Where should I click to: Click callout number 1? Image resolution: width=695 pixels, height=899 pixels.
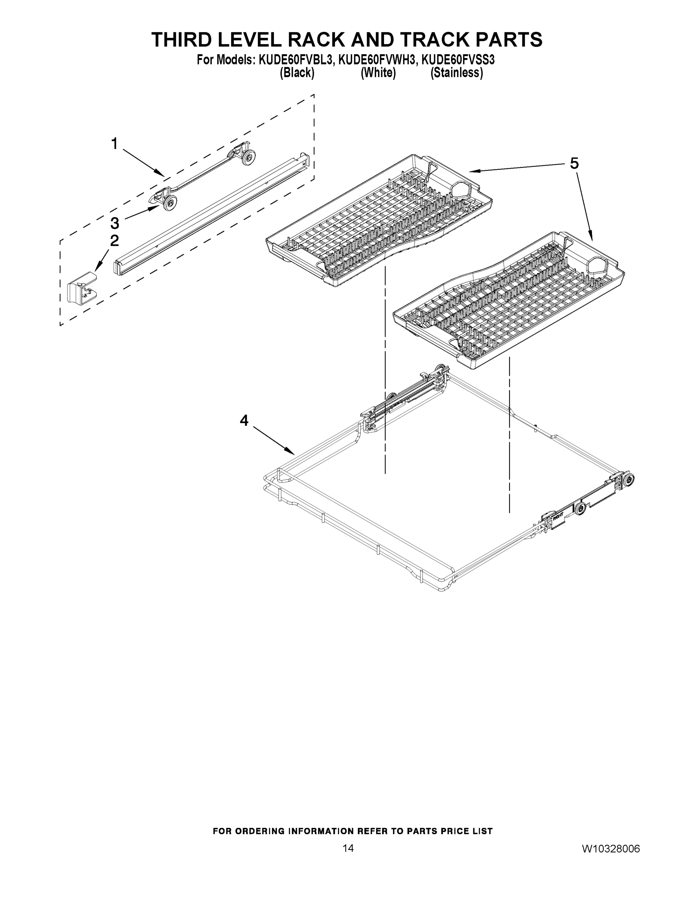coord(115,144)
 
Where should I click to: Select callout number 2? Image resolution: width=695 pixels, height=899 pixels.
coord(115,240)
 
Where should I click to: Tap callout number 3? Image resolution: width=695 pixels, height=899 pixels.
coord(115,224)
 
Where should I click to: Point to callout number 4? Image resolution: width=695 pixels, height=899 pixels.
coord(244,420)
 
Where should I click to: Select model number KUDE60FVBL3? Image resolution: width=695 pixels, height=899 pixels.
coord(295,60)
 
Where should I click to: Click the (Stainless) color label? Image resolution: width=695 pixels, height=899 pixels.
coord(457,73)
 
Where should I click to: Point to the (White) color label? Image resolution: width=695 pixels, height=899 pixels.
coord(378,73)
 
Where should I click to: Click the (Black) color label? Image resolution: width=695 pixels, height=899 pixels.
coord(297,73)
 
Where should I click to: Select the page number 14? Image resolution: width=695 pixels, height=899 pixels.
coord(348,848)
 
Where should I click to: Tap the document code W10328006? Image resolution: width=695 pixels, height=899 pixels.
coord(611,849)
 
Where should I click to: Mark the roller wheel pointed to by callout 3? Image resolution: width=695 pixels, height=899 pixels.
coord(170,203)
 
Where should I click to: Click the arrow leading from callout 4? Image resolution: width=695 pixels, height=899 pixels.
coord(274,440)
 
